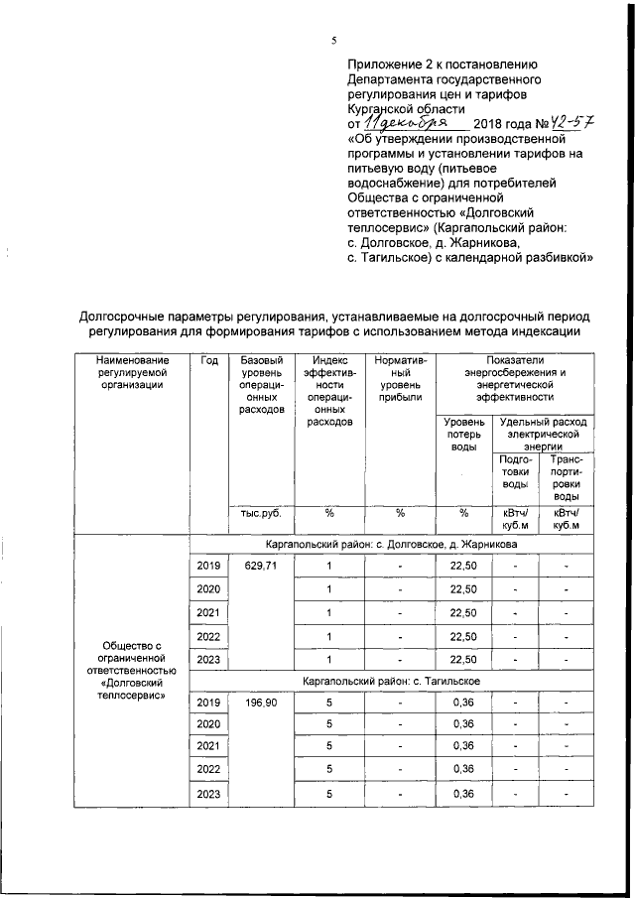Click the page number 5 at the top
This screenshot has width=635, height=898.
pyautogui.click(x=333, y=40)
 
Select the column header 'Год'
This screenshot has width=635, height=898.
pyautogui.click(x=208, y=360)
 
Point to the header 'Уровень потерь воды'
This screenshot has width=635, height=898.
pyautogui.click(x=463, y=435)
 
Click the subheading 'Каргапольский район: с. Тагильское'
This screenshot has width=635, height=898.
pyautogui.click(x=392, y=680)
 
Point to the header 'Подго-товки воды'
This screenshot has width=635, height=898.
pyautogui.click(x=515, y=471)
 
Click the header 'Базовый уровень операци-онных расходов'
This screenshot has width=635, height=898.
pyautogui.click(x=262, y=385)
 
